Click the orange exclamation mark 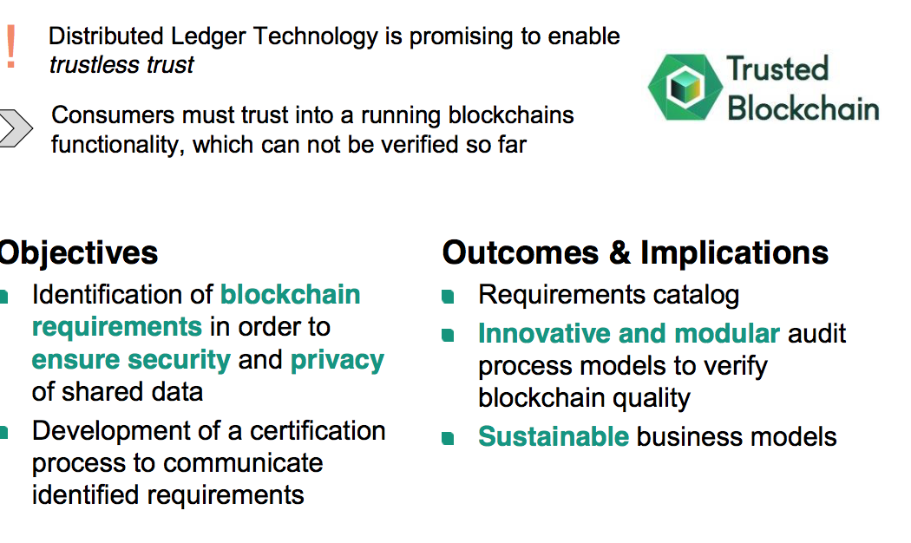pyautogui.click(x=10, y=47)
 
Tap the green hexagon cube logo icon pyautogui.click(x=682, y=88)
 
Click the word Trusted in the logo pyautogui.click(x=777, y=69)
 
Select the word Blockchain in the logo pyautogui.click(x=803, y=108)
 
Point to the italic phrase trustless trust pyautogui.click(x=121, y=65)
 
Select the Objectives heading pyautogui.click(x=78, y=253)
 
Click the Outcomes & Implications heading pyautogui.click(x=635, y=253)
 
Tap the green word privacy pyautogui.click(x=338, y=359)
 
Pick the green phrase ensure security pyautogui.click(x=131, y=359)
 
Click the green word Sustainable pyautogui.click(x=553, y=436)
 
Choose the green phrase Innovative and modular pyautogui.click(x=628, y=333)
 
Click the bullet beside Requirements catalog pyautogui.click(x=448, y=297)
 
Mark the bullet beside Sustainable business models pyautogui.click(x=448, y=438)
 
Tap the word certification pyautogui.click(x=318, y=430)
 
